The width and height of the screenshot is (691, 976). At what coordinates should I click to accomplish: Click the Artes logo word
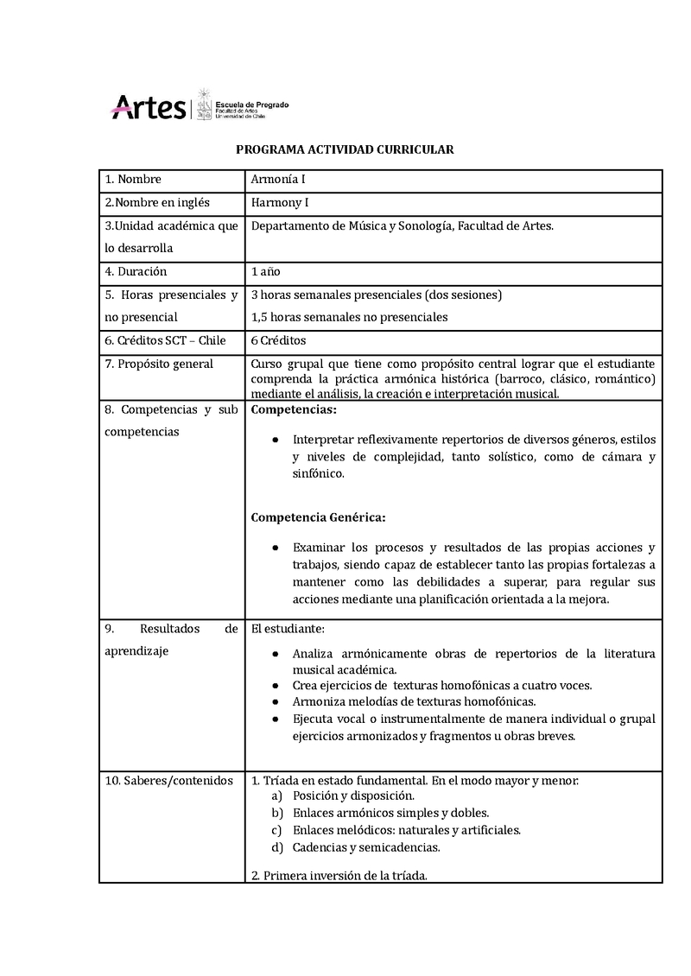[x=148, y=108]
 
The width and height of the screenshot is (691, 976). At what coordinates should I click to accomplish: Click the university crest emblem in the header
[x=205, y=105]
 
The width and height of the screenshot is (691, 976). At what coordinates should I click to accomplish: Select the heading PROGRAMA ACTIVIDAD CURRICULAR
[x=345, y=149]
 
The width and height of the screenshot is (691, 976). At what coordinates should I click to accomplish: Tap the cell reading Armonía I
[x=278, y=180]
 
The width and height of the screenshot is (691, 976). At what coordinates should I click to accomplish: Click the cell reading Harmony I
[x=280, y=203]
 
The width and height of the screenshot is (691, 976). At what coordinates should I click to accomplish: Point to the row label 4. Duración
[x=136, y=271]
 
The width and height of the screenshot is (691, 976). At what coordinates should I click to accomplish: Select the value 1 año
[x=265, y=271]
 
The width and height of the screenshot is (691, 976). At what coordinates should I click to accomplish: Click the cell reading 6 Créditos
[x=278, y=340]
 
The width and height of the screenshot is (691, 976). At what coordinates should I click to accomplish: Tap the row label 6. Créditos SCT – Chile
[x=165, y=340]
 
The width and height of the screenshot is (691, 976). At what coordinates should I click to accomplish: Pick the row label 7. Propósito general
[x=159, y=364]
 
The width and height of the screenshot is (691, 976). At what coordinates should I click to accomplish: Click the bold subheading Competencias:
[x=294, y=409]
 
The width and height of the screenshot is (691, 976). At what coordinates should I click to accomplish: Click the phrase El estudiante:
[x=288, y=629]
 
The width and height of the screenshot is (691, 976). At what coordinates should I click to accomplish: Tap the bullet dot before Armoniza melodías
[x=274, y=701]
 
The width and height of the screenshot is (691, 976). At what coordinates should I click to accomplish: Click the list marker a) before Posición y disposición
[x=277, y=795]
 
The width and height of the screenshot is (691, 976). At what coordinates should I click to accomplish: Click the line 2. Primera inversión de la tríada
[x=339, y=875]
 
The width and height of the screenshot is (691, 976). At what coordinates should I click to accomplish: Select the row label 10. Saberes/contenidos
[x=168, y=781]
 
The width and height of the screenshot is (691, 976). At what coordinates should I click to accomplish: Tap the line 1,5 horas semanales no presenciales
[x=349, y=317]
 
